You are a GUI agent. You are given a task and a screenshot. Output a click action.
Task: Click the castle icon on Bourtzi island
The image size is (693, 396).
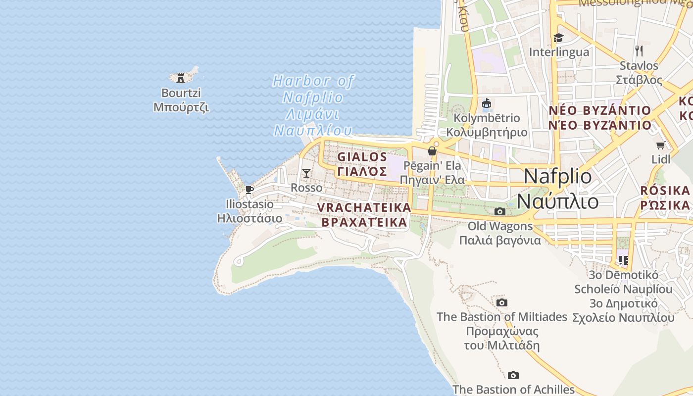(x=181, y=78)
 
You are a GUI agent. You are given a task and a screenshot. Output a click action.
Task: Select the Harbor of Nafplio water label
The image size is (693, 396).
(x=313, y=105)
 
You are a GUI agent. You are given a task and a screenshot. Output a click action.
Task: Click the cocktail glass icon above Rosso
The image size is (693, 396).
(x=306, y=173)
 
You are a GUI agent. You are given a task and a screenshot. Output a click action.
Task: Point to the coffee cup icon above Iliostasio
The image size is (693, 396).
(x=249, y=190)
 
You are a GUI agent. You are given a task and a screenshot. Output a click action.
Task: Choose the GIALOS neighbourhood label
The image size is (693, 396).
(x=362, y=164)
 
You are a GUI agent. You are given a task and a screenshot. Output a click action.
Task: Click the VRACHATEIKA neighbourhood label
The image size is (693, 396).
(x=364, y=214)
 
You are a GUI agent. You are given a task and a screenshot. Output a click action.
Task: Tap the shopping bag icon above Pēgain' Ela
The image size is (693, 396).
(x=432, y=151)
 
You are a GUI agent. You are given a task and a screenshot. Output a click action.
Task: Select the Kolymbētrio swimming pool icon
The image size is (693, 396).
(x=487, y=103)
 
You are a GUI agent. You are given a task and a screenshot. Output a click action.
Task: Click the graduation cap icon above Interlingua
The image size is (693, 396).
(x=558, y=38)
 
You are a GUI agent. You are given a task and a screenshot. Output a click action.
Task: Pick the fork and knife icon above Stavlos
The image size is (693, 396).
(x=639, y=50)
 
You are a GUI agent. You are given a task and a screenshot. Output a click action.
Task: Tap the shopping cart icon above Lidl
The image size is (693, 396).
(x=660, y=145)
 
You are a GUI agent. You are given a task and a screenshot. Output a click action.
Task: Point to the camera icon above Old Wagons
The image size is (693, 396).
(x=500, y=212)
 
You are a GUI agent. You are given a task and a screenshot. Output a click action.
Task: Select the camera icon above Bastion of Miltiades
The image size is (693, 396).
(x=502, y=302)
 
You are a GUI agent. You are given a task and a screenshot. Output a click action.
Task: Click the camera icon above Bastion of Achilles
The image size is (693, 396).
(x=513, y=375)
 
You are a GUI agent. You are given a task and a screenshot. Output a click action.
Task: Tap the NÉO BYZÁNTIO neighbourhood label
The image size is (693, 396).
(x=599, y=117)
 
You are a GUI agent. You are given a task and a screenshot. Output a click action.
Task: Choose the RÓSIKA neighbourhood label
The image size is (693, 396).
(x=665, y=197)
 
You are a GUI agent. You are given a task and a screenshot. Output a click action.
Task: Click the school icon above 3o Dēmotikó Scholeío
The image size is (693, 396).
(x=623, y=260)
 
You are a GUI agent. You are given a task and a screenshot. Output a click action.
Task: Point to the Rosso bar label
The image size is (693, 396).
(x=306, y=188)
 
